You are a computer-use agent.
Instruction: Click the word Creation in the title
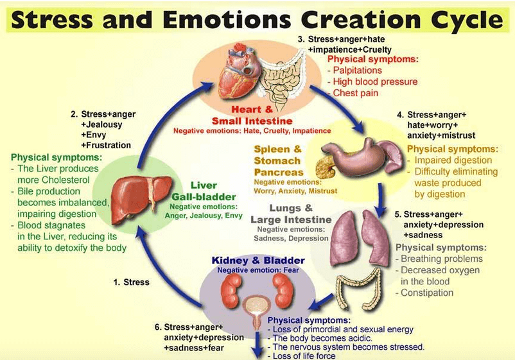(x=360, y=20)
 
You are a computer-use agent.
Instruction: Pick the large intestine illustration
(x=359, y=289)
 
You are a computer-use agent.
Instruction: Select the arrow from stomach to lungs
(x=381, y=200)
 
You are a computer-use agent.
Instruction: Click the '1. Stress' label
(x=132, y=282)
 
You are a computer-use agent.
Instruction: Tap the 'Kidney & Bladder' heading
(x=258, y=261)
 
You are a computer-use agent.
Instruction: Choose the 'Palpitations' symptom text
(x=357, y=70)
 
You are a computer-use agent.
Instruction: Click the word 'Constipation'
(x=427, y=293)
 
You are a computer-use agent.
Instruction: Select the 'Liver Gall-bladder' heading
(x=204, y=191)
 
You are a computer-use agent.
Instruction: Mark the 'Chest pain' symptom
(x=355, y=93)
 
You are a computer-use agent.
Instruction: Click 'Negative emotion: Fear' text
(x=258, y=270)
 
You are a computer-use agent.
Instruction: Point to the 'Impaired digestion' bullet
(x=453, y=160)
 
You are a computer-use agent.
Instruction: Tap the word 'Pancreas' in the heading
(x=279, y=172)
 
